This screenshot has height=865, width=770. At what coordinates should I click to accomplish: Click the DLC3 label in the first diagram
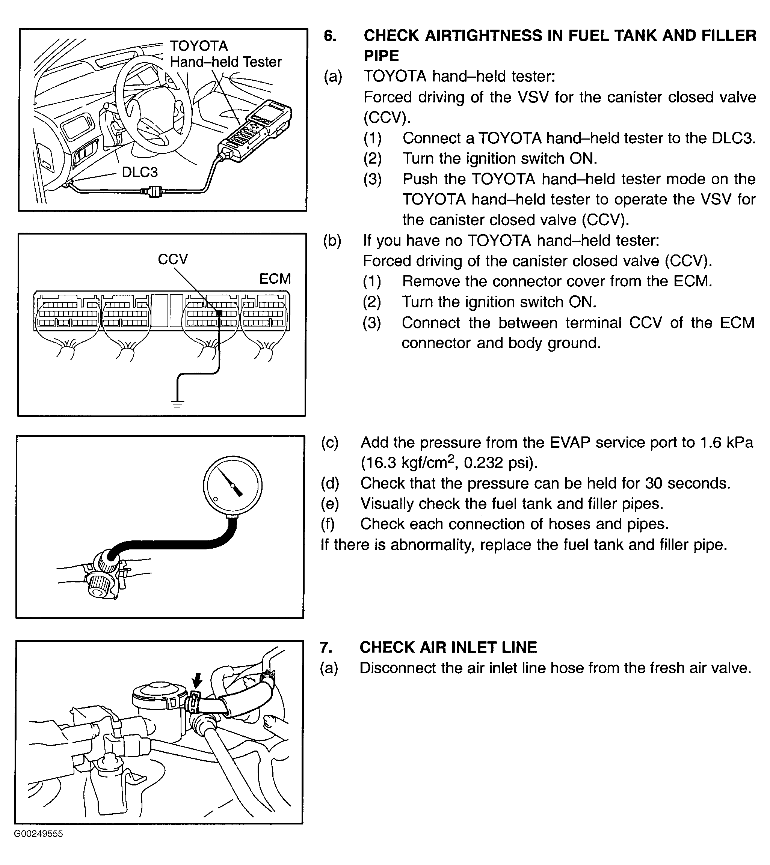(140, 172)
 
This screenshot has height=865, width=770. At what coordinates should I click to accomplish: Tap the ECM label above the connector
(275, 279)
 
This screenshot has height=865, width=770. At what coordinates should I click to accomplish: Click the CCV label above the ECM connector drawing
(172, 259)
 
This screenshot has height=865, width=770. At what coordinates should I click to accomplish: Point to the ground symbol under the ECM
(177, 404)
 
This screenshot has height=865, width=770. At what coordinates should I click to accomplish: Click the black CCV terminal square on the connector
(219, 314)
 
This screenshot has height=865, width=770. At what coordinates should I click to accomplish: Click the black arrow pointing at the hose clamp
(197, 681)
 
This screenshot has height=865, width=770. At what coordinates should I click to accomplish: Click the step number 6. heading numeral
(330, 36)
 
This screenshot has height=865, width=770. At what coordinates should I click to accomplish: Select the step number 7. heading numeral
(326, 647)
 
